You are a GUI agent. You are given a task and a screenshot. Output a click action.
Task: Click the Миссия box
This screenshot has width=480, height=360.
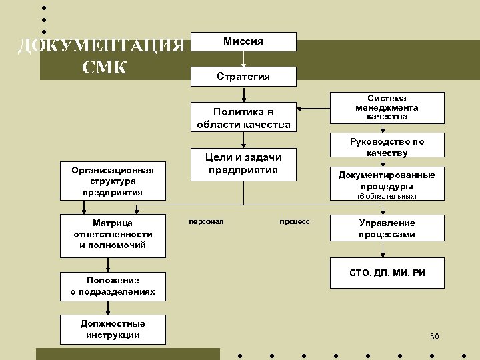pos(243,41)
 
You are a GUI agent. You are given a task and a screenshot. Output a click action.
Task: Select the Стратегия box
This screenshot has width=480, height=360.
pos(243,76)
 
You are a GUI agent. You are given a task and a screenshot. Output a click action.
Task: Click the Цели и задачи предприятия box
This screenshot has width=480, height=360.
pos(243,163)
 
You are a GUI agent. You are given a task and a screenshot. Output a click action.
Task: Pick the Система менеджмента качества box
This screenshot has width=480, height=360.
pos(387,107)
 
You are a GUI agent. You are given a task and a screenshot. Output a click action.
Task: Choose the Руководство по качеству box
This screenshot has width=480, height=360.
pos(387,147)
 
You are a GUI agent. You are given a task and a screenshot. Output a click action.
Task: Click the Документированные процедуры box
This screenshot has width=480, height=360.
pos(387,180)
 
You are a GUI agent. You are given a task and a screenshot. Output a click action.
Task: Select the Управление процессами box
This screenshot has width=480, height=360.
pos(387,229)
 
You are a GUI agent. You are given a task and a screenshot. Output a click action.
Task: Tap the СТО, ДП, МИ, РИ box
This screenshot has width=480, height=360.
pos(387,273)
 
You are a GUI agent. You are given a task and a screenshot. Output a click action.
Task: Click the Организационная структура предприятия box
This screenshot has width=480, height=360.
pos(113,181)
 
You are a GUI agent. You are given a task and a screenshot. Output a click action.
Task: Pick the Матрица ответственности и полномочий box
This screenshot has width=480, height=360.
pos(113,234)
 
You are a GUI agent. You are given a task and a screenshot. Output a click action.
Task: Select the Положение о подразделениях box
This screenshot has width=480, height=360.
pos(113,285)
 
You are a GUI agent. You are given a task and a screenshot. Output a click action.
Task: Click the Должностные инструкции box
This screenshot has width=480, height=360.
pos(113,329)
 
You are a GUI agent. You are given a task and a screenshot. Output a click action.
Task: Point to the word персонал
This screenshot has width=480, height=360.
pos(206,220)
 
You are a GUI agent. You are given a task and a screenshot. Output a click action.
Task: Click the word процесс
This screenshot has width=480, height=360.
pos(294,220)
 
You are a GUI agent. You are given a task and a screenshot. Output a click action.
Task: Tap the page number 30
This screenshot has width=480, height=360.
pos(435,335)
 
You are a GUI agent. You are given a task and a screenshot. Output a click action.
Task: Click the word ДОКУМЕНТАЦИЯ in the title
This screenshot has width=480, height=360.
pos(101,46)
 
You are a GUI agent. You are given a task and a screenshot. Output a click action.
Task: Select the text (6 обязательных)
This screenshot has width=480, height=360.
pos(387,196)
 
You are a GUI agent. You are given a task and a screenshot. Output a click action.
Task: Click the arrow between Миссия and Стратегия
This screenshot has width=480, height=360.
pos(244,59)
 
